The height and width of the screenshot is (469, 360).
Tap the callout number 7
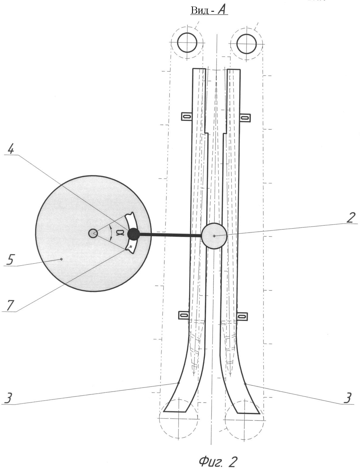[10, 305]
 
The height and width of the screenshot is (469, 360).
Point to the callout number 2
[351, 217]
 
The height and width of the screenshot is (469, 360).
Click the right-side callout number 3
[348, 398]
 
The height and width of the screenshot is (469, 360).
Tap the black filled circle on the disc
[133, 234]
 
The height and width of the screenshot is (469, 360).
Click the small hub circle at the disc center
[93, 233]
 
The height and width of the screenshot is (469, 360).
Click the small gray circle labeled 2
[214, 236]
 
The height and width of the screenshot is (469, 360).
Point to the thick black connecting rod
[170, 235]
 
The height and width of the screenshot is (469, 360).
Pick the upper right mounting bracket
[245, 118]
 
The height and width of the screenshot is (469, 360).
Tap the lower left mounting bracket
[184, 315]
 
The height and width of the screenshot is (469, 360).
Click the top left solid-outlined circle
[187, 43]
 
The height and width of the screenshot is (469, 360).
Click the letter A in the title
[223, 10]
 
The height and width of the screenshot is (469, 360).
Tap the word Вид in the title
[200, 10]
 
